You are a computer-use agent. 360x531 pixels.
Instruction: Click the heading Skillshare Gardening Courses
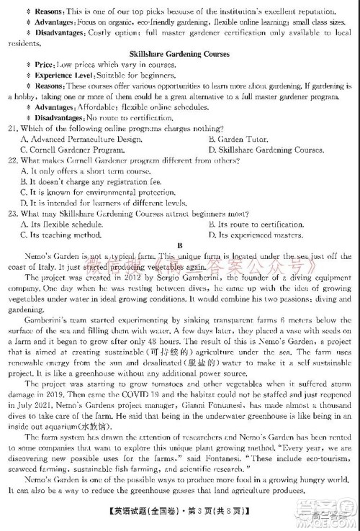pos(179,54)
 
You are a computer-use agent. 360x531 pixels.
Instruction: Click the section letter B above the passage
pos(180,245)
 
